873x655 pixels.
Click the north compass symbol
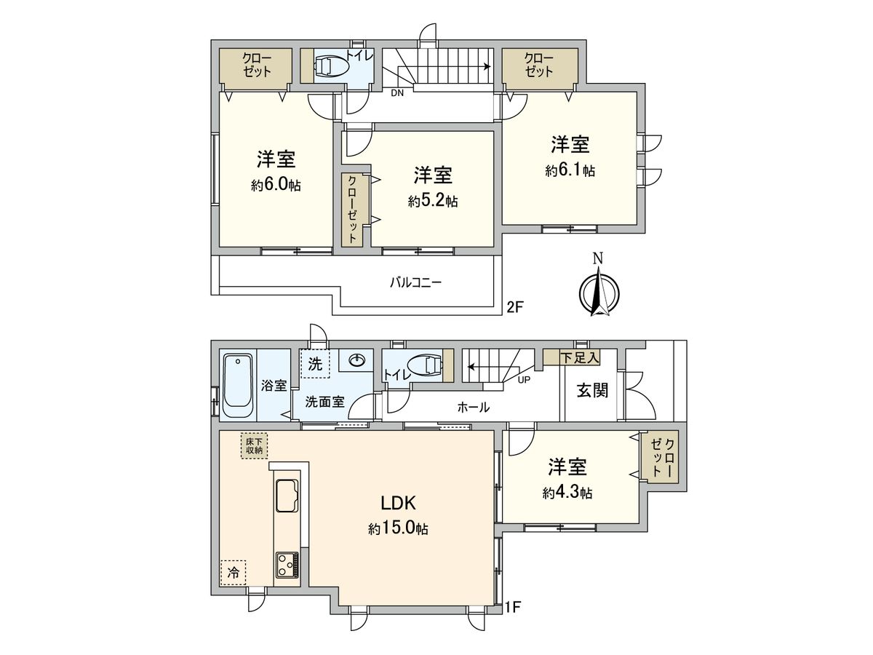click(599, 292)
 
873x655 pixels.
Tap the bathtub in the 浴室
click(237, 385)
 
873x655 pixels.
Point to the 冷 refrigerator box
click(233, 573)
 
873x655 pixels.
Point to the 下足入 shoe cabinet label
click(579, 357)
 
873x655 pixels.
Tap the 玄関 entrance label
click(592, 391)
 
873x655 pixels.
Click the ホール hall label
click(473, 408)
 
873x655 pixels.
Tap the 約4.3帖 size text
click(567, 493)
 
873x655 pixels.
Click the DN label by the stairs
click(397, 93)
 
